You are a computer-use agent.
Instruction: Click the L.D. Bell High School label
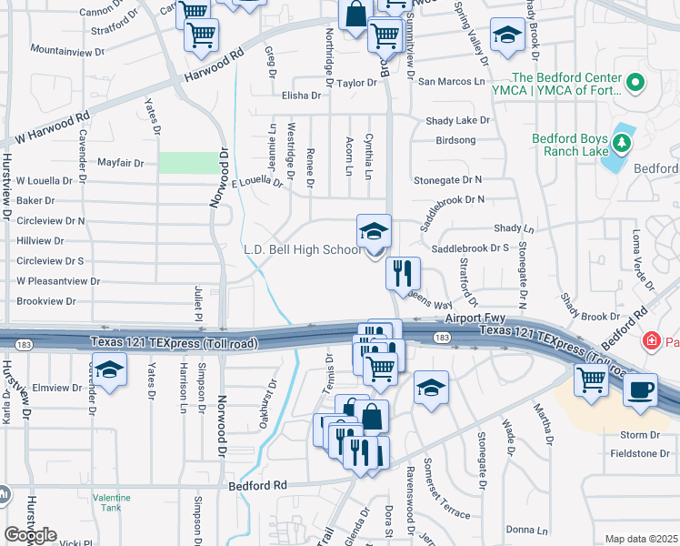[x=303, y=249]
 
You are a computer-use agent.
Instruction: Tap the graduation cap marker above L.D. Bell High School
[x=374, y=231]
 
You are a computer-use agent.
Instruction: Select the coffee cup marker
[x=641, y=389]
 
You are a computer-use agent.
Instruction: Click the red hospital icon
[x=651, y=341]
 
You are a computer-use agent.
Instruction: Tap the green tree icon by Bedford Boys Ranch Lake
[x=623, y=143]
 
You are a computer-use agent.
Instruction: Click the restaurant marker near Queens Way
[x=403, y=272]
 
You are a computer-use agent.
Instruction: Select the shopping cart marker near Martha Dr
[x=591, y=381]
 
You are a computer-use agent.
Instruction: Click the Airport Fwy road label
[x=475, y=318]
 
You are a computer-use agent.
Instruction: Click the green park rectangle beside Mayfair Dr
[x=190, y=163]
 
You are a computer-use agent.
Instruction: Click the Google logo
[x=30, y=535]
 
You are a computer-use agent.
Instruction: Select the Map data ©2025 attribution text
[x=641, y=539]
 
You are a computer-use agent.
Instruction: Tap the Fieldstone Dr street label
[x=645, y=453]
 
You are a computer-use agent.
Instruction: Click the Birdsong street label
[x=455, y=140]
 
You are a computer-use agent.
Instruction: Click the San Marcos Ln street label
[x=451, y=81]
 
